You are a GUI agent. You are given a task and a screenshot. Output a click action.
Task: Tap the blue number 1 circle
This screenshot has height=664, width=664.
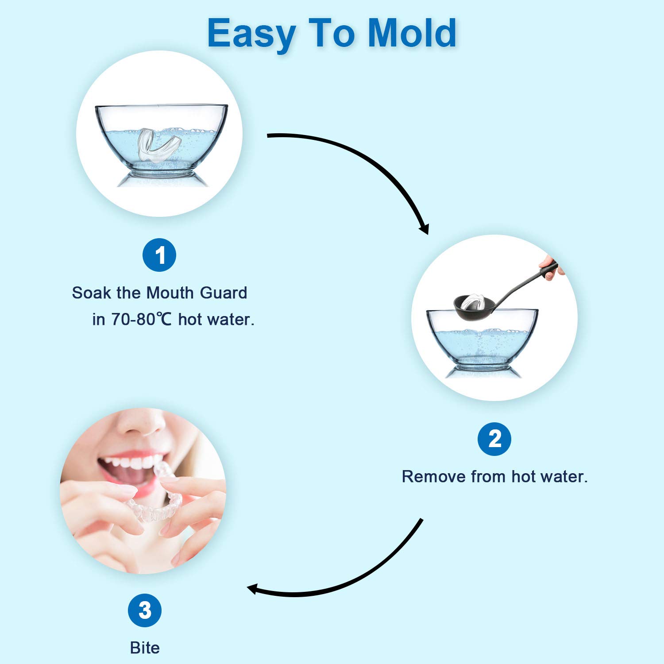pos(159,255)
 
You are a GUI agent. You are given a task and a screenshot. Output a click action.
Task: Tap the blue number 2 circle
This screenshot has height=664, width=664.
pos(494,439)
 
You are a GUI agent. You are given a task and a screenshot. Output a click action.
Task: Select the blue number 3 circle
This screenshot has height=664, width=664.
pos(145,610)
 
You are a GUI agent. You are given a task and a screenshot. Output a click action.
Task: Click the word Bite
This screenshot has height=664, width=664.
pos(145,648)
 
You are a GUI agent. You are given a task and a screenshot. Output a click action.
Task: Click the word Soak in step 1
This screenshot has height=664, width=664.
pos(92,293)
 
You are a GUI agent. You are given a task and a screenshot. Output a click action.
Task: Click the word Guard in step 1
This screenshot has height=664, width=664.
pos(224,293)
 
